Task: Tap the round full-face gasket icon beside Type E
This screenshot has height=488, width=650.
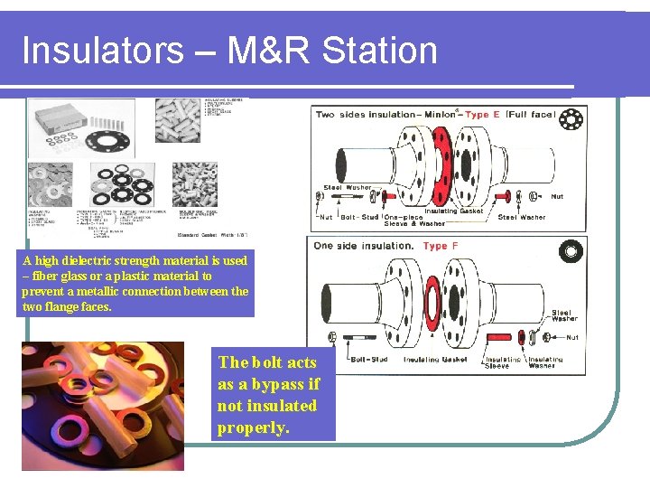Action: click(x=570, y=120)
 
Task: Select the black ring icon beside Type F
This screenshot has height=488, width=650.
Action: click(x=570, y=251)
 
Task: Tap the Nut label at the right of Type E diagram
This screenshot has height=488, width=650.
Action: click(x=557, y=196)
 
